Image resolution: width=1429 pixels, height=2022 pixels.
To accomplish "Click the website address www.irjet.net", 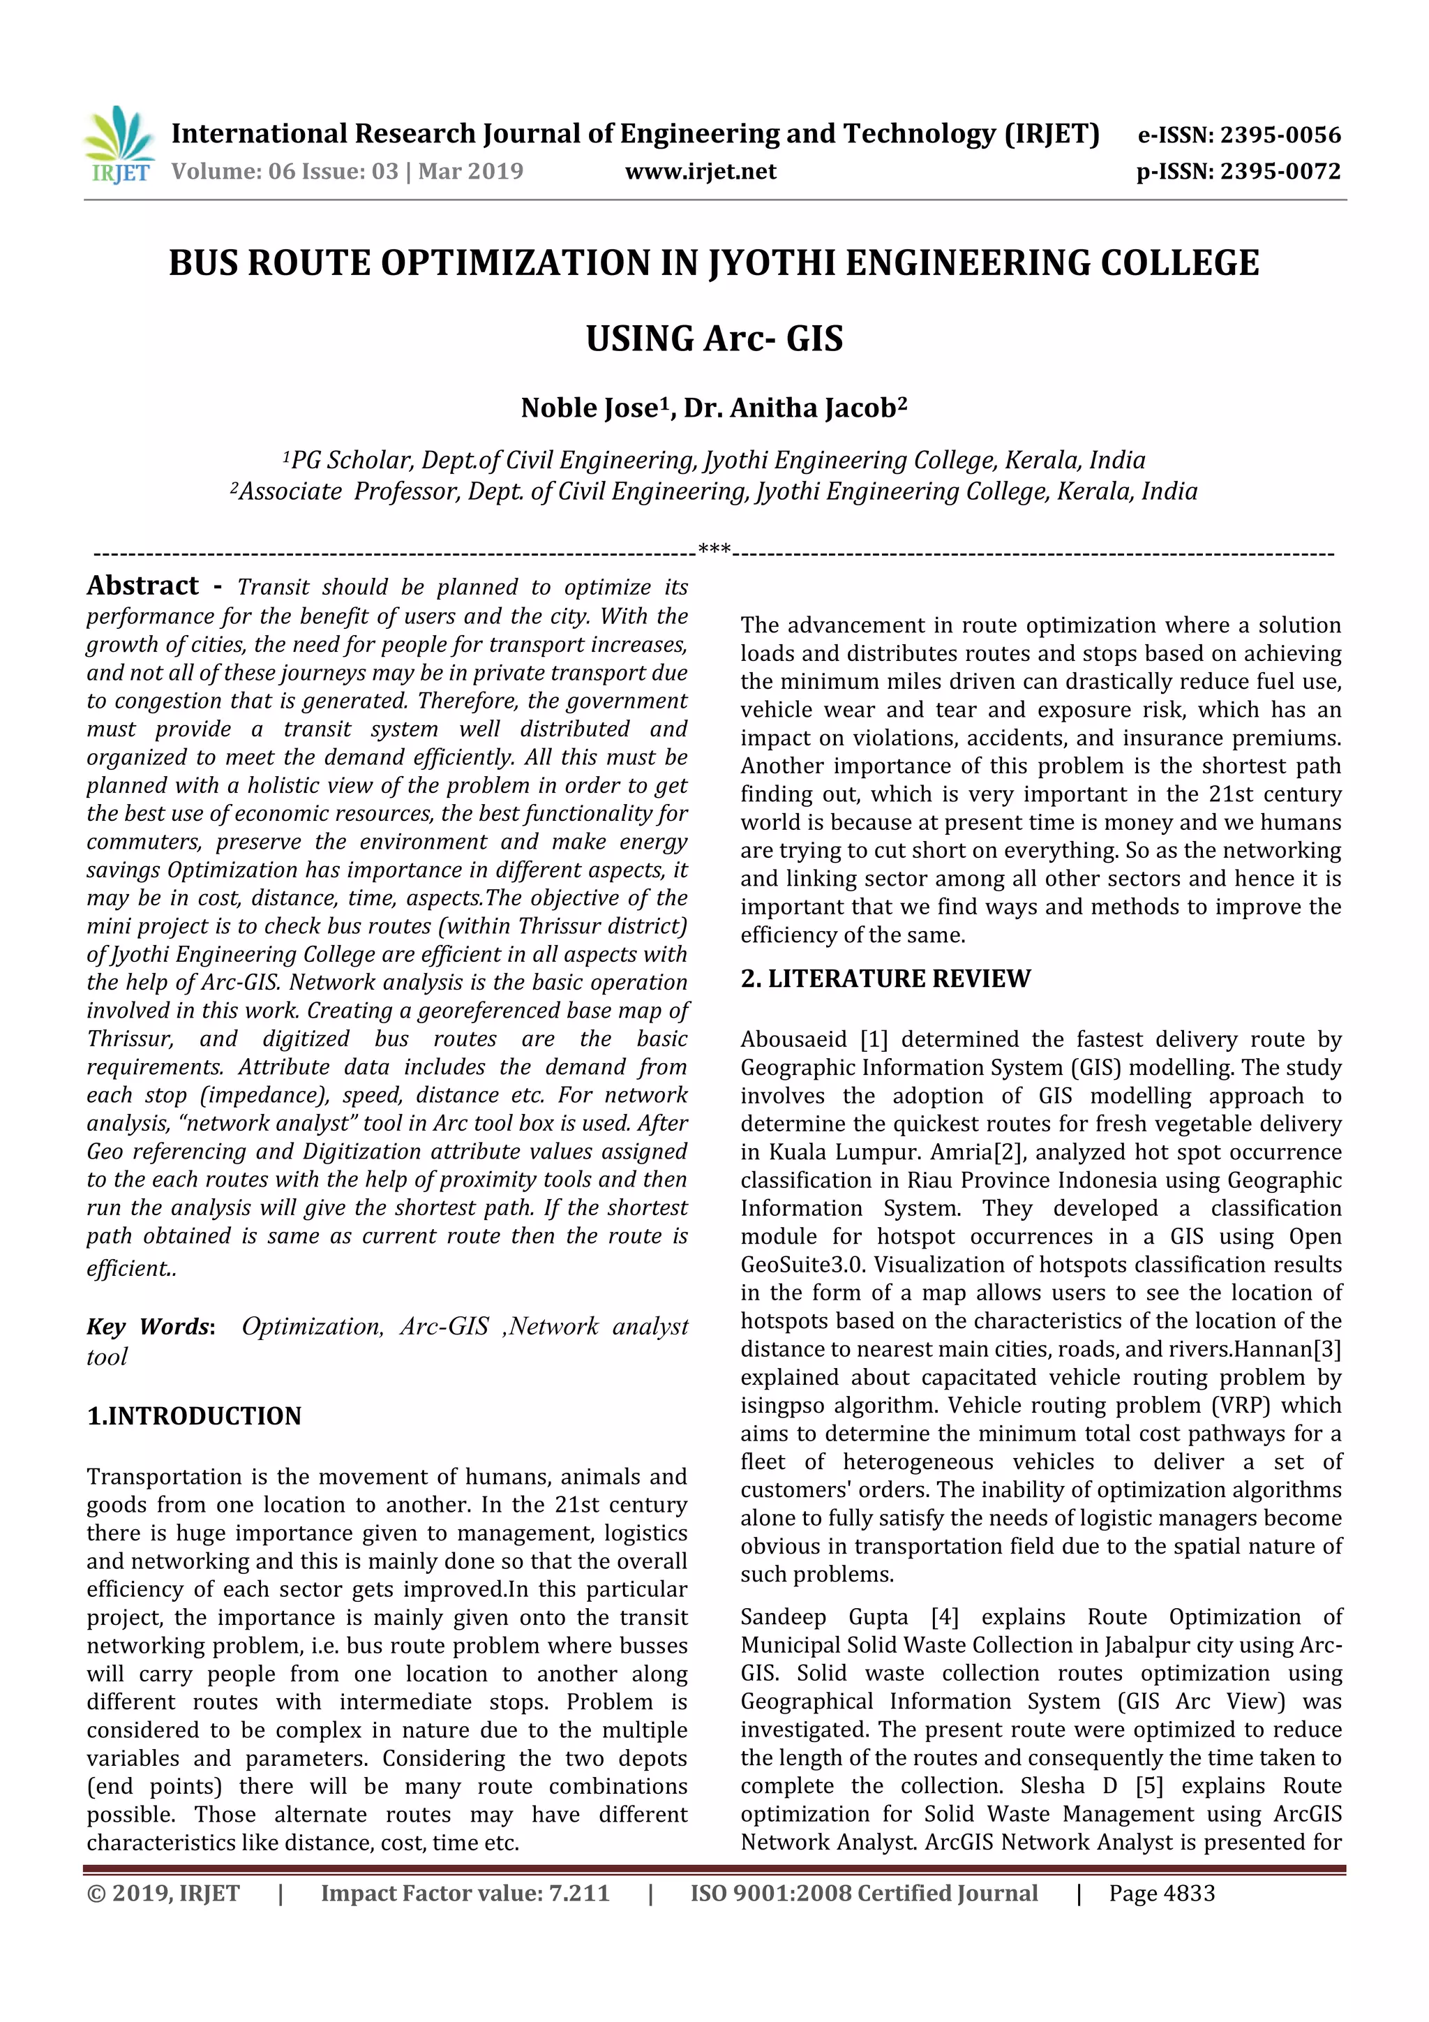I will click(x=700, y=171).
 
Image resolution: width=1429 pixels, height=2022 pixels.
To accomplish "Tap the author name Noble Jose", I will click(x=590, y=408).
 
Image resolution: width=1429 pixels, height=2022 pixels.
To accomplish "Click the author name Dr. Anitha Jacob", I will click(x=790, y=408).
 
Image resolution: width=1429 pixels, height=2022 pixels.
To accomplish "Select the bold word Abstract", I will click(x=142, y=586).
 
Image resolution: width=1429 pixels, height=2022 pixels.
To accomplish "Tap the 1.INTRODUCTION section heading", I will click(x=194, y=1416).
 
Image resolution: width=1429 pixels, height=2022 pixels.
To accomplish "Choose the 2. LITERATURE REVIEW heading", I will click(x=885, y=979).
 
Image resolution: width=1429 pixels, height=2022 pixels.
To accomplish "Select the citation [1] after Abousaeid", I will click(x=874, y=1039).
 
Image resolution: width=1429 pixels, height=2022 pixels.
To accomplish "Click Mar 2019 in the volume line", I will click(x=470, y=171).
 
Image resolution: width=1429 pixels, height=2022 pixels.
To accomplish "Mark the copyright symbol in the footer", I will click(x=95, y=1911).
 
